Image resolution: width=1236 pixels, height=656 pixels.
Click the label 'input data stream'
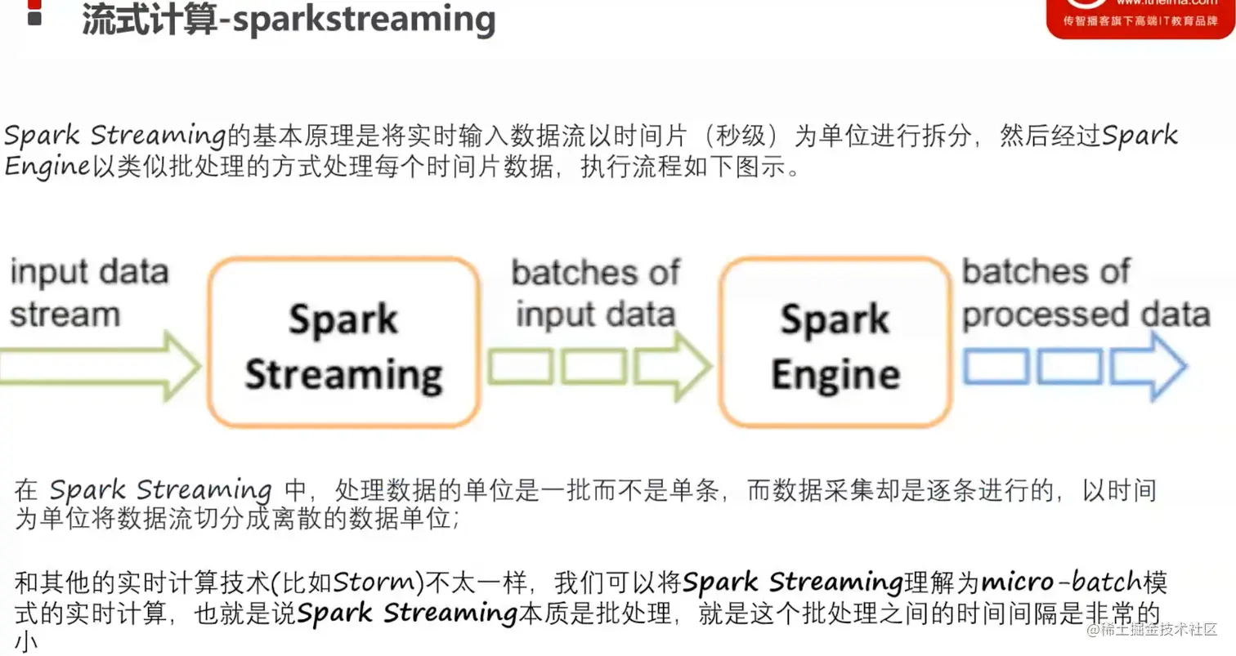(x=89, y=293)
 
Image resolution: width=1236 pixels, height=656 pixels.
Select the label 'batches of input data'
(x=596, y=293)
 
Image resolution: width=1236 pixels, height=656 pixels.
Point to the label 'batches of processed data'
(x=1086, y=293)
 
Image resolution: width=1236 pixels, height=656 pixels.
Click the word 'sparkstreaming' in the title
(x=365, y=20)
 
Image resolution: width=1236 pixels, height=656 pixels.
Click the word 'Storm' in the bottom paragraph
(x=374, y=582)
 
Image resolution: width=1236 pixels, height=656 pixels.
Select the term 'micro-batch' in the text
(x=1060, y=582)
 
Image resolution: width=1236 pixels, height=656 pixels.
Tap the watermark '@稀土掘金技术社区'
(x=1152, y=630)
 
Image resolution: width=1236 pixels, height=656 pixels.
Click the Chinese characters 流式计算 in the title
(x=149, y=20)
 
